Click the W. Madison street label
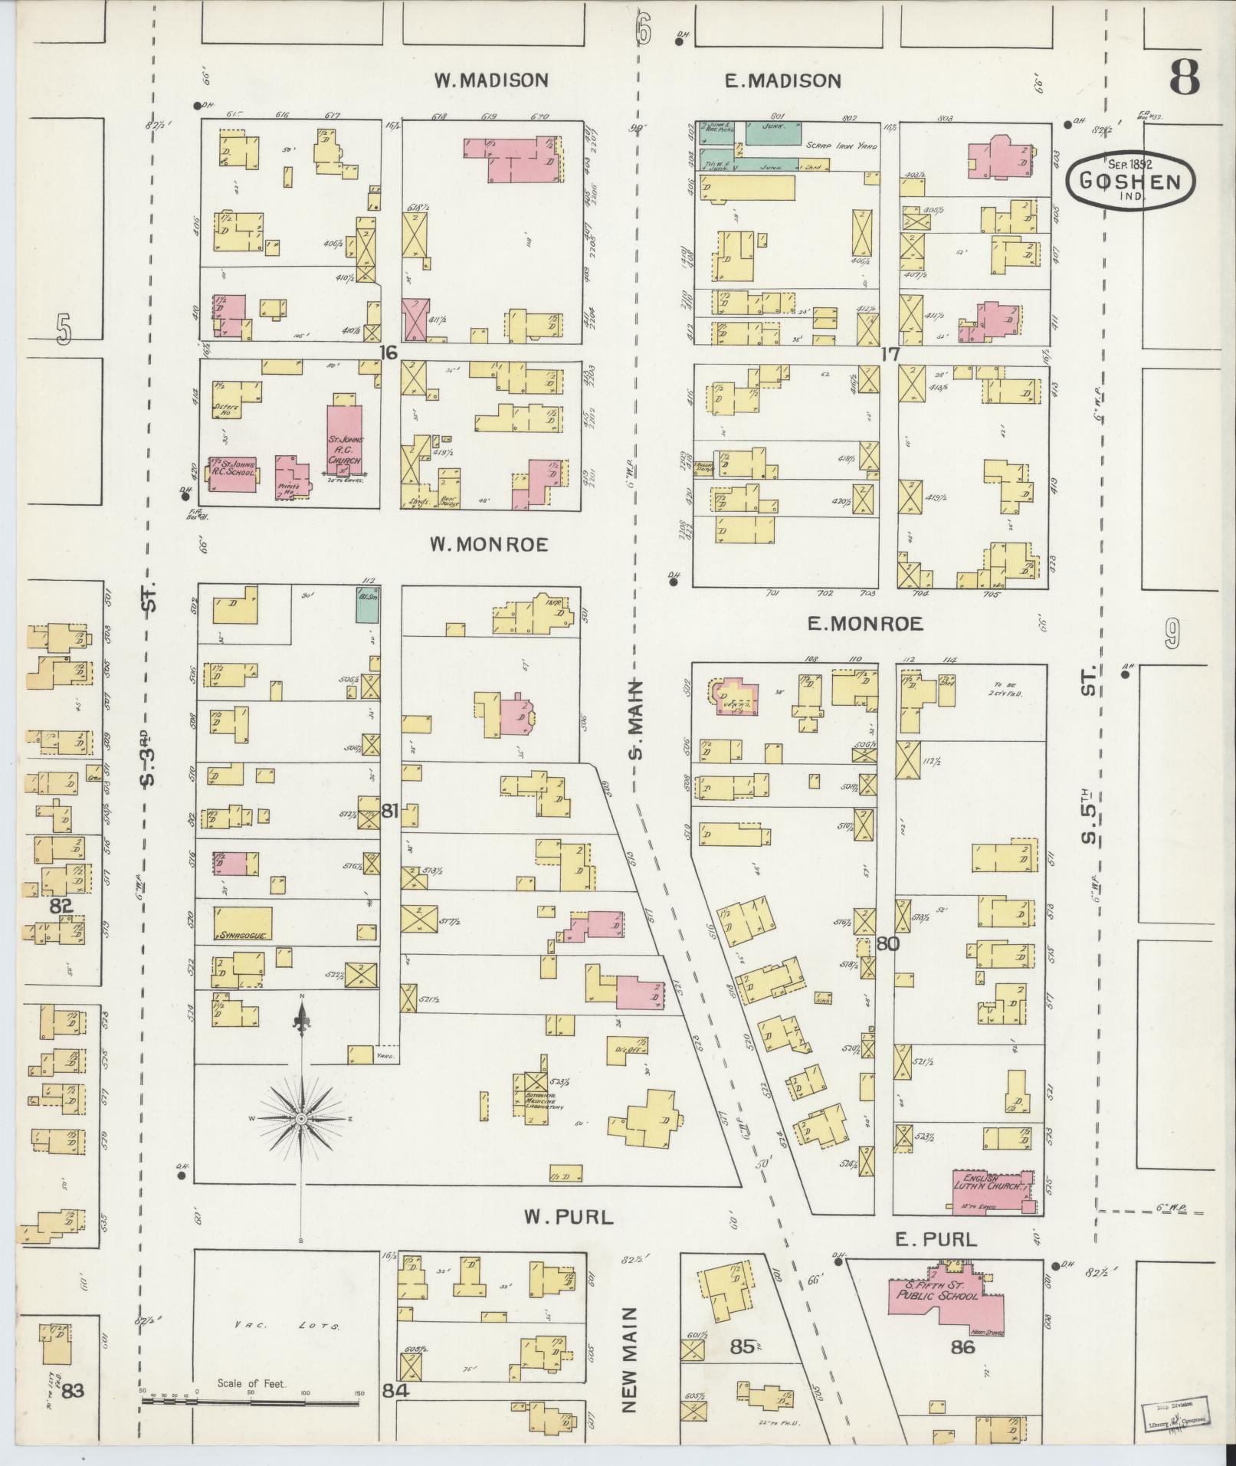pyautogui.click(x=491, y=80)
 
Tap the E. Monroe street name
pyautogui.click(x=865, y=625)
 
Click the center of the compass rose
pyautogui.click(x=302, y=1120)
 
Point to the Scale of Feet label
pyautogui.click(x=251, y=1383)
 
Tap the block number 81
pyautogui.click(x=390, y=811)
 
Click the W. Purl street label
pyautogui.click(x=569, y=1216)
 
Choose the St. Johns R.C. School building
pyautogui.click(x=231, y=474)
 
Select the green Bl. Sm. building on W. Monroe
pyautogui.click(x=367, y=605)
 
